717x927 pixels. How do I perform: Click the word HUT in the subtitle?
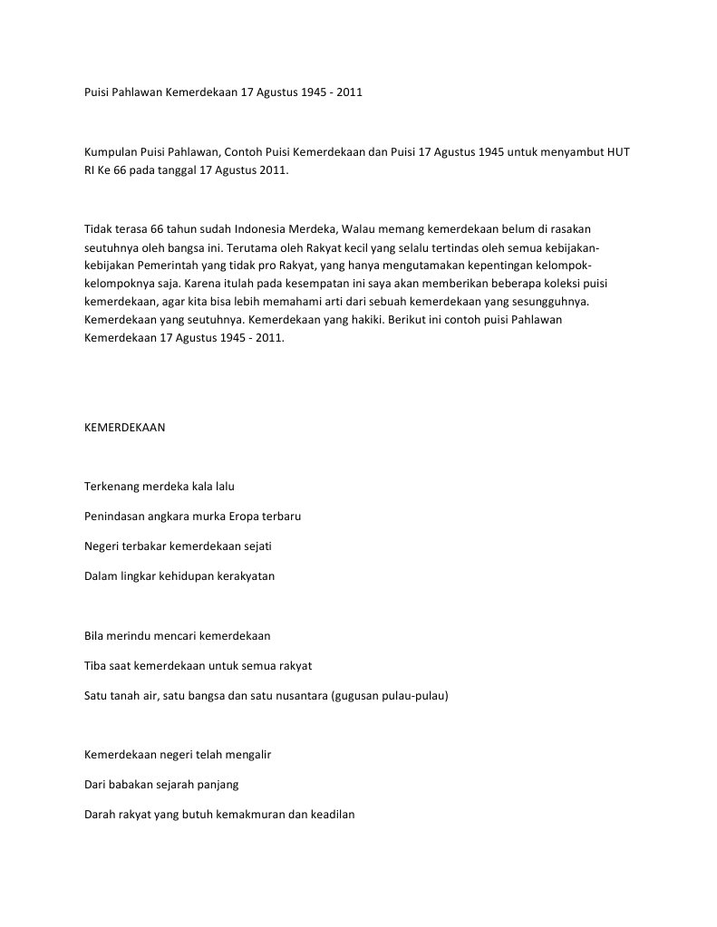[617, 151]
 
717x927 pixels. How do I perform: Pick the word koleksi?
[562, 283]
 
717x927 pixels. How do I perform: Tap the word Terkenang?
[112, 487]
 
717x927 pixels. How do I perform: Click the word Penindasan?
[116, 517]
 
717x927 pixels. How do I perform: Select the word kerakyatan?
[246, 576]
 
